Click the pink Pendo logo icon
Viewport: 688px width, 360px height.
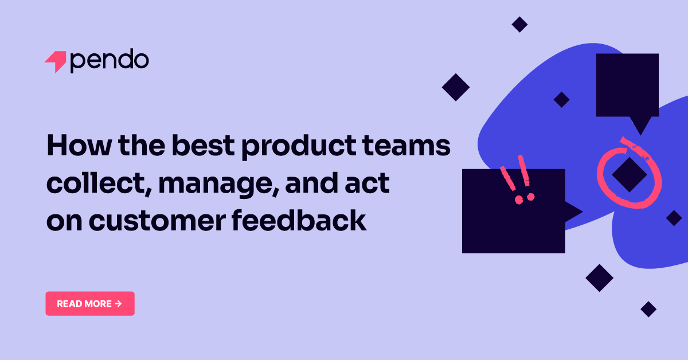click(56, 61)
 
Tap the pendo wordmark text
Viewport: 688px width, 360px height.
click(110, 61)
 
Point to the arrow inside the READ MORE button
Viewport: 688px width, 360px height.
click(118, 304)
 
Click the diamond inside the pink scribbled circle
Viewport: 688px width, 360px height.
click(629, 174)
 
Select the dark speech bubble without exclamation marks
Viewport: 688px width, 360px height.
click(627, 85)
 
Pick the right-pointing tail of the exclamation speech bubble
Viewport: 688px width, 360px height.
click(573, 212)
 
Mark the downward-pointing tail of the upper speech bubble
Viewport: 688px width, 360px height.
click(640, 126)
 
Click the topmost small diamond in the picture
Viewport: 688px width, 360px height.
click(519, 24)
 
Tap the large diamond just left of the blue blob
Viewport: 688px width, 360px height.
click(456, 87)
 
